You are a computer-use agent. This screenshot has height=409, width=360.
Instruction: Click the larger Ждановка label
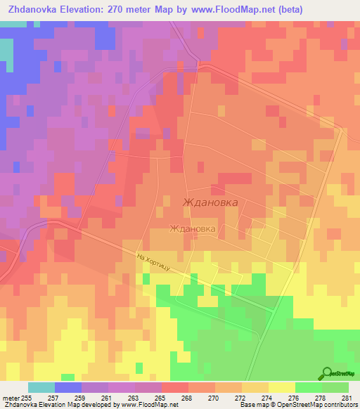pyautogui.click(x=210, y=202)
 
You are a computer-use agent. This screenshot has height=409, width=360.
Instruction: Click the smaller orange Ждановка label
pyautogui.click(x=192, y=228)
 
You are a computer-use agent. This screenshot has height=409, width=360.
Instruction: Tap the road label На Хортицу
pyautogui.click(x=155, y=264)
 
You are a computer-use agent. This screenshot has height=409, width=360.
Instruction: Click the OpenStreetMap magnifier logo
pyautogui.click(x=326, y=374)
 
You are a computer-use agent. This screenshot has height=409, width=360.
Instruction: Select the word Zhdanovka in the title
pyautogui.click(x=35, y=9)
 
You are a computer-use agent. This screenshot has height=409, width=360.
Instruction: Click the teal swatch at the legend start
pyautogui.click(x=41, y=387)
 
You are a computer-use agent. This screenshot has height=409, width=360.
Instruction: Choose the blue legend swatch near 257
pyautogui.click(x=68, y=387)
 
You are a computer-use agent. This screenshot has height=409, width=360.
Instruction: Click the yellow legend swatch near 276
pyautogui.click(x=282, y=387)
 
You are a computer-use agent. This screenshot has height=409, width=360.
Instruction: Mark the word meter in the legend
pyautogui.click(x=10, y=398)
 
